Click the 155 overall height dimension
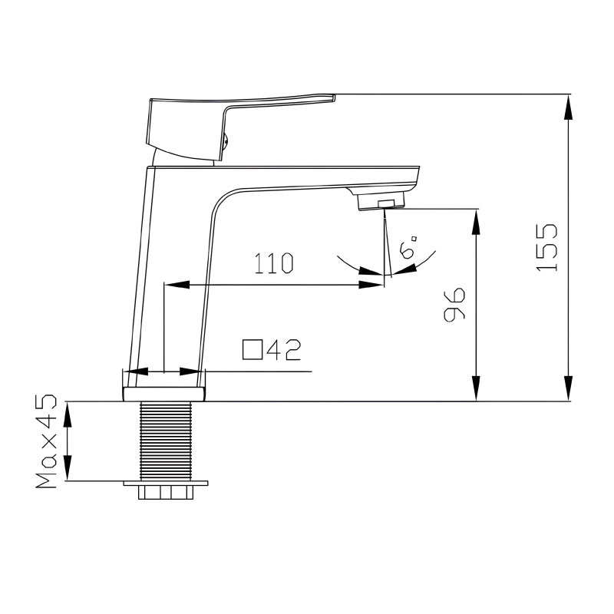tap(546, 247)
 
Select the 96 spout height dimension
tap(454, 305)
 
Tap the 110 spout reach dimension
tap(274, 263)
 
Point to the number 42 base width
tap(284, 350)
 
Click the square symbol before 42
tap(253, 350)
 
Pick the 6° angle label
tap(408, 246)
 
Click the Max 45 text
tap(46, 441)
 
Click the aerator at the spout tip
tap(381, 201)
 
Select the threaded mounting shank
tap(166, 441)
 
